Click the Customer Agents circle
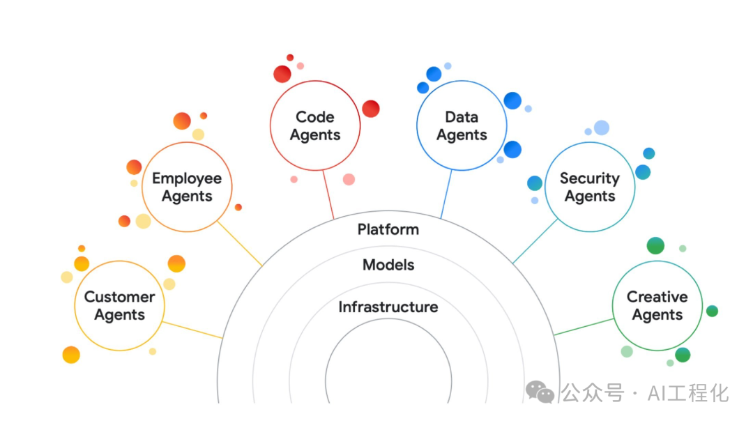[x=119, y=306]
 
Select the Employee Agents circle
[x=187, y=187]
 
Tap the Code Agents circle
[x=315, y=126]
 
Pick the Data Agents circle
[x=462, y=126]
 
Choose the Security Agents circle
[x=590, y=187]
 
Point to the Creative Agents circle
[x=657, y=306]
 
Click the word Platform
[x=388, y=229]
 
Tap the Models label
[x=388, y=265]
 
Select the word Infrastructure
[x=388, y=307]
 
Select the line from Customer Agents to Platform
[x=192, y=330]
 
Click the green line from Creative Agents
[x=584, y=326]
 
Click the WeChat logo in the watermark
[x=540, y=392]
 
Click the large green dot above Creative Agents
[x=655, y=245]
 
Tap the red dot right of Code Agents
[x=371, y=109]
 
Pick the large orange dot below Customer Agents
[x=71, y=355]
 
